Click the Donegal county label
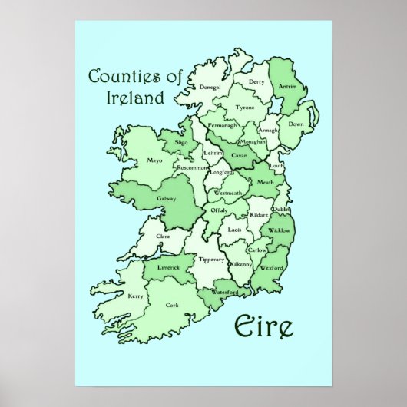click(x=189, y=88)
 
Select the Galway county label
click(x=167, y=198)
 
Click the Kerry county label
click(x=136, y=295)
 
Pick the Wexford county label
click(x=273, y=268)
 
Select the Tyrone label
click(x=244, y=108)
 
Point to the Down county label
click(x=296, y=124)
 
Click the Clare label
click(x=163, y=237)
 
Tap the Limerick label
click(x=169, y=266)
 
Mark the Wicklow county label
click(x=280, y=230)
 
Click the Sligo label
click(x=181, y=143)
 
